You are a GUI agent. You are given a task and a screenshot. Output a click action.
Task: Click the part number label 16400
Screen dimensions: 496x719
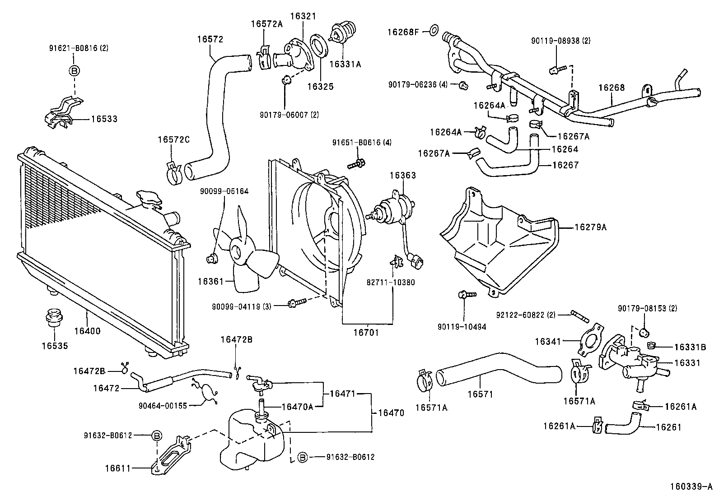coord(87,331)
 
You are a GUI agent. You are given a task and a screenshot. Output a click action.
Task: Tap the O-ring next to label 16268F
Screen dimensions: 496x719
coord(433,31)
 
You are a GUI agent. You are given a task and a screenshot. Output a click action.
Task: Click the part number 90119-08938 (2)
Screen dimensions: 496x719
coord(560,41)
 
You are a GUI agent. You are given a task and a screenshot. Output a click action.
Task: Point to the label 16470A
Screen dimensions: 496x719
coord(297,407)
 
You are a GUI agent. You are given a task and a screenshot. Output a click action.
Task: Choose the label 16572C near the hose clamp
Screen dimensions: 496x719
coord(173,139)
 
